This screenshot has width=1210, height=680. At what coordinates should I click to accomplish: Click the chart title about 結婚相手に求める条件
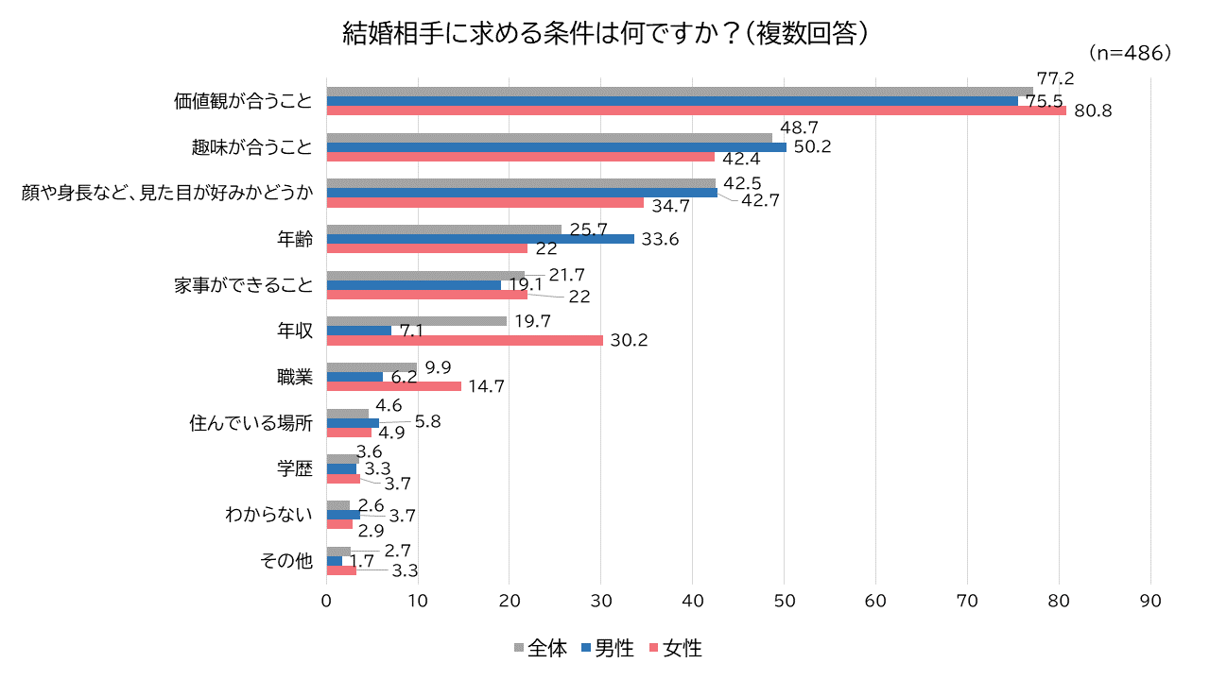point(605,34)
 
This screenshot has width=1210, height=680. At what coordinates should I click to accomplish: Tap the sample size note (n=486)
point(1130,53)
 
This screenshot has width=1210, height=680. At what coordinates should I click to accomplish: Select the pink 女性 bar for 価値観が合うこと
point(696,110)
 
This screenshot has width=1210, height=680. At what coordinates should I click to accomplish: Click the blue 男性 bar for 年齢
point(480,239)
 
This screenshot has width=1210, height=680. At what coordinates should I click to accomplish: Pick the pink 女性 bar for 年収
point(464,340)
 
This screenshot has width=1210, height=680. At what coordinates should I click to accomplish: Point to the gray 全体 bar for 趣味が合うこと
point(548,138)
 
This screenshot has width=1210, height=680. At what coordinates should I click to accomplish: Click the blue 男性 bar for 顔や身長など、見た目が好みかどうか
point(522,193)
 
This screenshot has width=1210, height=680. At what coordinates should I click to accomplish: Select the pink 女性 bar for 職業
point(393,385)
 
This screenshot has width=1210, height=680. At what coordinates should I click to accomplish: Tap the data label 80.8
point(1093,111)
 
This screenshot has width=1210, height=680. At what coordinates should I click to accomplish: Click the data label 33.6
point(660,240)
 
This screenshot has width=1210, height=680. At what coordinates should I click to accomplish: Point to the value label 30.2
point(628,341)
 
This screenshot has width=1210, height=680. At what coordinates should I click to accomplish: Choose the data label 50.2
point(812,147)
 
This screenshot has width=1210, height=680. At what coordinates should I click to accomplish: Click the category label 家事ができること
point(243,284)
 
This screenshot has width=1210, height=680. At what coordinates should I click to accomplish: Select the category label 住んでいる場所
point(251,423)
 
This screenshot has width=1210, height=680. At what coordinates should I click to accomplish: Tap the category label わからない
point(268,515)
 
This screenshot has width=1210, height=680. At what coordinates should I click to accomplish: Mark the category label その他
point(285,561)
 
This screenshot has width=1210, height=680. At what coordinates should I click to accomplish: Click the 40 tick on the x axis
point(693,601)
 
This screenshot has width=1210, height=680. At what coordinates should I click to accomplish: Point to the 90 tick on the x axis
point(1150,601)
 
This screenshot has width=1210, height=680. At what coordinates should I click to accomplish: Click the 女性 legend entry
point(674,649)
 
